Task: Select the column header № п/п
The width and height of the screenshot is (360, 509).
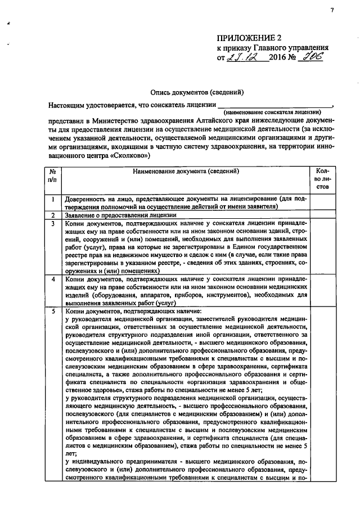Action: click(x=52, y=175)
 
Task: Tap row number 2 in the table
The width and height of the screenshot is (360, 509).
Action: click(x=52, y=215)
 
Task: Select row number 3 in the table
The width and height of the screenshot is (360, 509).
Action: click(x=52, y=223)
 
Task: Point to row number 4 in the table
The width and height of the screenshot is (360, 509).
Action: click(x=52, y=279)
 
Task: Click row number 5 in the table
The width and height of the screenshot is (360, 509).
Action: click(x=52, y=311)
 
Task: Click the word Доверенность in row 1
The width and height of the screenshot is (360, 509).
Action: click(x=85, y=200)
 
